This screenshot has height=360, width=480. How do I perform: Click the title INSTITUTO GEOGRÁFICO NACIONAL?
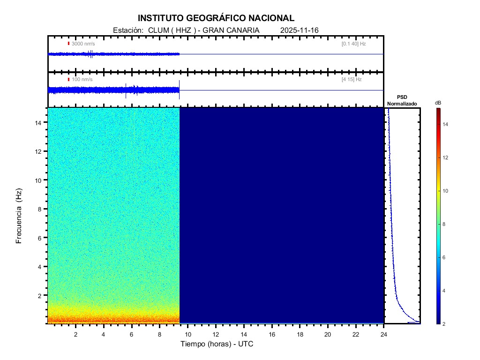pyautogui.click(x=216, y=18)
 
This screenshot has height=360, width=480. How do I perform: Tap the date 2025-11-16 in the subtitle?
pyautogui.click(x=299, y=30)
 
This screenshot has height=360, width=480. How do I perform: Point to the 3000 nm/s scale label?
pyautogui.click(x=83, y=44)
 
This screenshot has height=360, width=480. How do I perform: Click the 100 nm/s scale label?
pyautogui.click(x=82, y=80)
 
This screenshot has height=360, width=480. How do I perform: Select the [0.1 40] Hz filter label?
pyautogui.click(x=353, y=44)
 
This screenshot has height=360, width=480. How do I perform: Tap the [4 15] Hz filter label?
pyautogui.click(x=352, y=80)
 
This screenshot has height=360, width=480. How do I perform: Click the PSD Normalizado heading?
pyautogui.click(x=402, y=100)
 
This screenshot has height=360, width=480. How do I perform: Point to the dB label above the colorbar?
pyautogui.click(x=438, y=103)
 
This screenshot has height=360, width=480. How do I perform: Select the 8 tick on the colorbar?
pyautogui.click(x=445, y=224)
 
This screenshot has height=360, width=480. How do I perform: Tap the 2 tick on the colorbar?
pyautogui.click(x=445, y=324)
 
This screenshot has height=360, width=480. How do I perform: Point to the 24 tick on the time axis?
pyautogui.click(x=383, y=334)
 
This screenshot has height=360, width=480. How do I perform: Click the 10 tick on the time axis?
pyautogui.click(x=187, y=334)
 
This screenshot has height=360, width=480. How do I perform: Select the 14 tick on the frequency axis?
pyautogui.click(x=39, y=122)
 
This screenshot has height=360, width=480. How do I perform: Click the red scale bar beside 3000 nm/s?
pyautogui.click(x=68, y=44)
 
